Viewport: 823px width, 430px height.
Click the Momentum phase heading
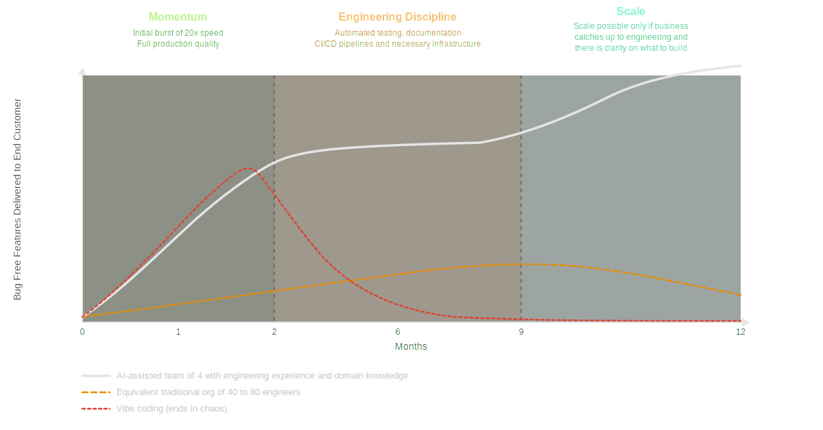(x=178, y=16)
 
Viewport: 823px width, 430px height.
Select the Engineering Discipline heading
(x=397, y=16)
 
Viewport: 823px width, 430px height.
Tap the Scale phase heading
(x=630, y=11)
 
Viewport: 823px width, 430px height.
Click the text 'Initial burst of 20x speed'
(x=178, y=32)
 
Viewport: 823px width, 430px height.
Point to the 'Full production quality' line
(x=178, y=43)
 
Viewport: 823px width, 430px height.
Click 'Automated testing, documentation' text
(x=397, y=32)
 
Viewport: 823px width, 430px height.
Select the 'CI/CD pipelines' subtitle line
(x=397, y=43)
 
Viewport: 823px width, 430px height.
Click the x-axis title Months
(x=411, y=346)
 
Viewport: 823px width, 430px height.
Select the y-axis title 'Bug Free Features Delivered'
(x=18, y=199)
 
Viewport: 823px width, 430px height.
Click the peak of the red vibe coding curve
(x=248, y=167)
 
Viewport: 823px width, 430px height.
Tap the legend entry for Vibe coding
(x=171, y=409)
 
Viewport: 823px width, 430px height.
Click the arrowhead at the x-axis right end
(x=747, y=321)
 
